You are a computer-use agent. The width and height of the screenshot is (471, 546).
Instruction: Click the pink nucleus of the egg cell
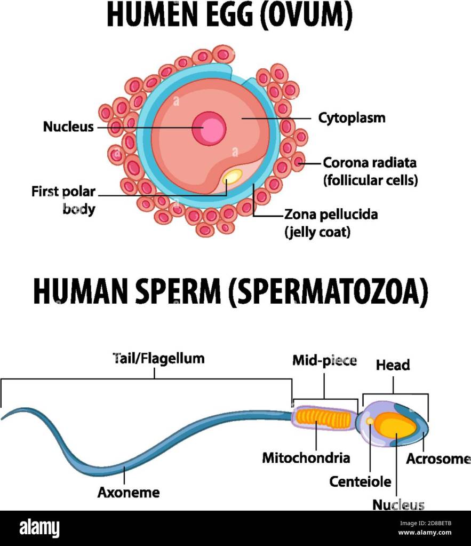pyautogui.click(x=209, y=129)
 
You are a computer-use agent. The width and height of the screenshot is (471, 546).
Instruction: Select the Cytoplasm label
pyautogui.click(x=352, y=118)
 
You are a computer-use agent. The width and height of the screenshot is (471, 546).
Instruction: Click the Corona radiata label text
pyautogui.click(x=370, y=163)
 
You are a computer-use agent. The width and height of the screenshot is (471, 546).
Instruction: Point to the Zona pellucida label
pyautogui.click(x=331, y=215)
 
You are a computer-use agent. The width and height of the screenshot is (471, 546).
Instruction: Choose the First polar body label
pyautogui.click(x=63, y=200)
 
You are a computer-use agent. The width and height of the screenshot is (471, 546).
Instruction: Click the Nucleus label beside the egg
pyautogui.click(x=68, y=126)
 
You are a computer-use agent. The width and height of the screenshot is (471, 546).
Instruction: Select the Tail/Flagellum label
pyautogui.click(x=158, y=359)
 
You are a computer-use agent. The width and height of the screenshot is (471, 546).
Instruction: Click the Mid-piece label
pyautogui.click(x=324, y=361)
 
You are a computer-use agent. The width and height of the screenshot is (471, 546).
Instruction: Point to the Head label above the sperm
pyautogui.click(x=393, y=365)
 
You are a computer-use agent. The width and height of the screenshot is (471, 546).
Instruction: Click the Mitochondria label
pyautogui.click(x=306, y=458)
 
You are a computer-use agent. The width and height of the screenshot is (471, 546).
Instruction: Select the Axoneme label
pyautogui.click(x=129, y=493)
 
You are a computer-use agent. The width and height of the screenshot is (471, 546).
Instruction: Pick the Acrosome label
pyautogui.click(x=438, y=459)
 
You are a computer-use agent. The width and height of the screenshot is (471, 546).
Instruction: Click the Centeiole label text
pyautogui.click(x=360, y=482)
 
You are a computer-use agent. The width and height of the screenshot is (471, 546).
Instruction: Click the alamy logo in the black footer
pyautogui.click(x=39, y=528)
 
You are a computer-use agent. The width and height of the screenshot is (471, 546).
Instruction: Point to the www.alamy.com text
pyautogui.click(x=425, y=533)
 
